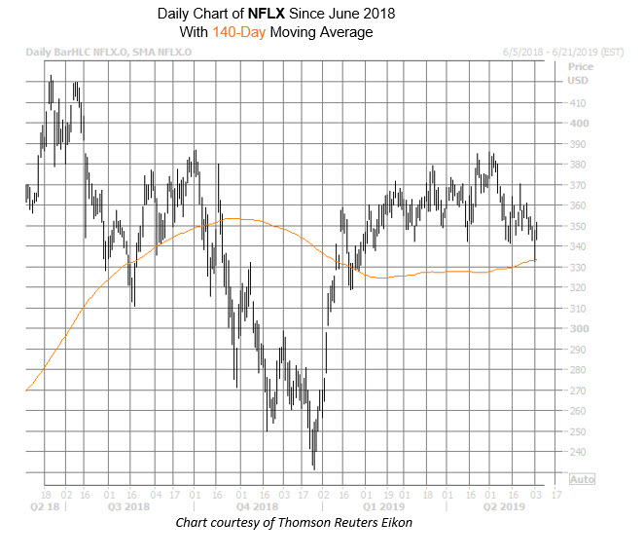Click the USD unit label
coord(578,81)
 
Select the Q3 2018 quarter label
coord(127,506)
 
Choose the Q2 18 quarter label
coord(46,506)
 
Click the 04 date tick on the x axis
coord(155,493)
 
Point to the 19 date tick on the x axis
coord(387,493)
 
